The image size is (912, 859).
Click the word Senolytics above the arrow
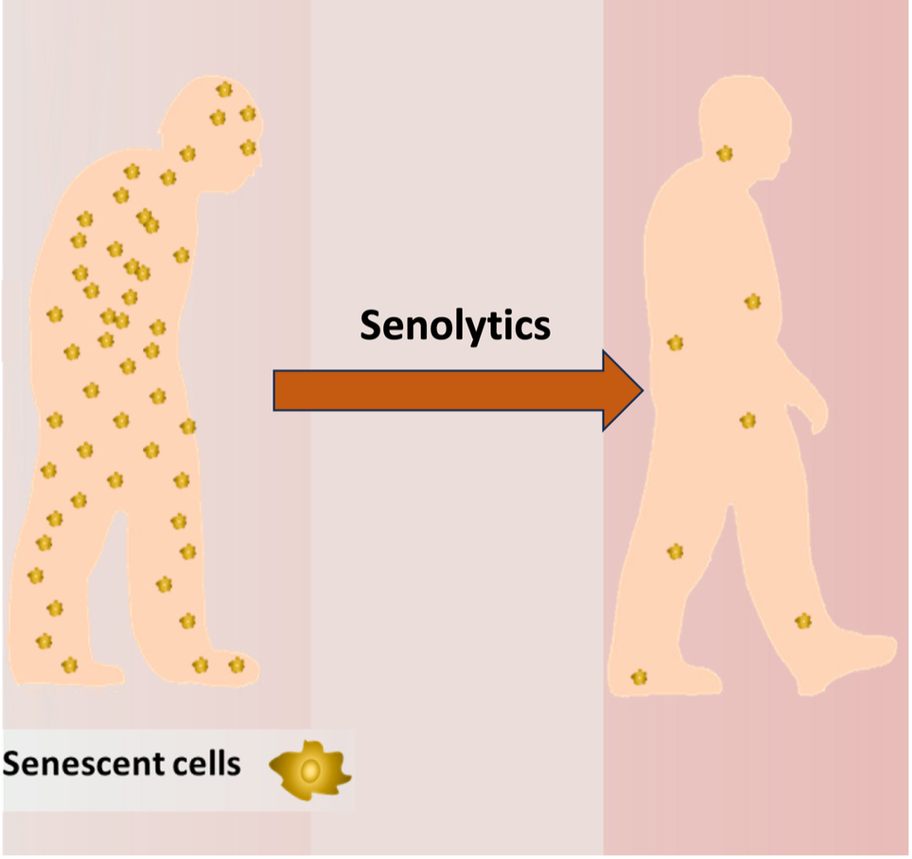point(455,325)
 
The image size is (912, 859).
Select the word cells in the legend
point(207,763)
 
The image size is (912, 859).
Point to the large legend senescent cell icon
point(311,771)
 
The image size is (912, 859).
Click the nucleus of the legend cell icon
point(310,771)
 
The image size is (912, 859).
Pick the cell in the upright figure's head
point(724,154)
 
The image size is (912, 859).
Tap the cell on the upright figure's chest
point(752,302)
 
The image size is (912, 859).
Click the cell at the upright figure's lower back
point(675,344)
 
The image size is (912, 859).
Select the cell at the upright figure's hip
point(748,421)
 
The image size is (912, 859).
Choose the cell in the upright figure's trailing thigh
point(675,551)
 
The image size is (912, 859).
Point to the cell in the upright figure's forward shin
point(803,621)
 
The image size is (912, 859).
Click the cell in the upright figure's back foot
point(639,677)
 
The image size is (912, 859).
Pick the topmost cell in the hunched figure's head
point(224,90)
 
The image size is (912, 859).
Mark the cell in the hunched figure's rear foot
point(70,665)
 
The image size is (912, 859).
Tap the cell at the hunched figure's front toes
point(237,665)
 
